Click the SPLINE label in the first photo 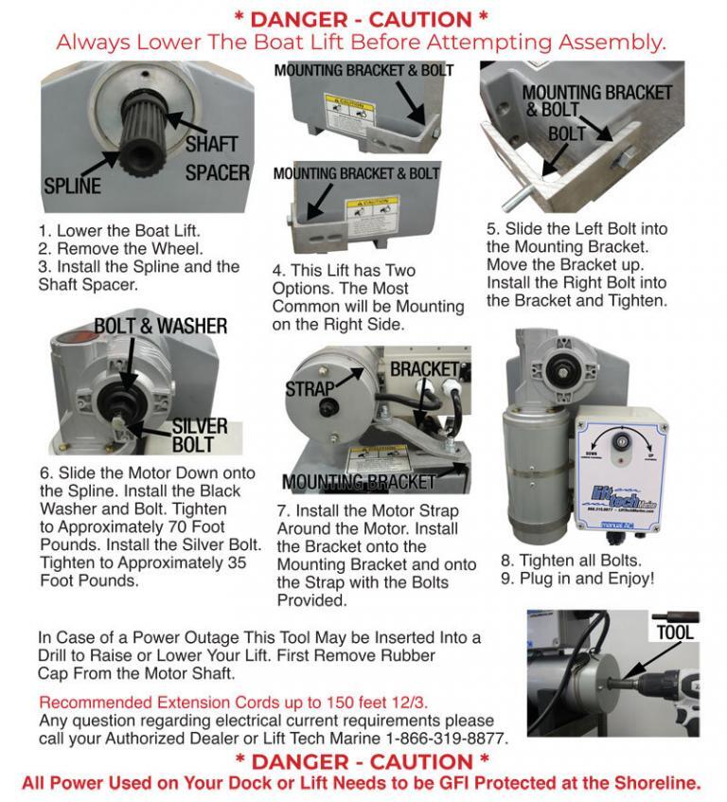(x=72, y=186)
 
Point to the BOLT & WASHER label (x=160, y=326)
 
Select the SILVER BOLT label (x=199, y=435)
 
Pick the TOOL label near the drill (x=675, y=632)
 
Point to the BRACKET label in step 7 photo (x=423, y=368)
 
